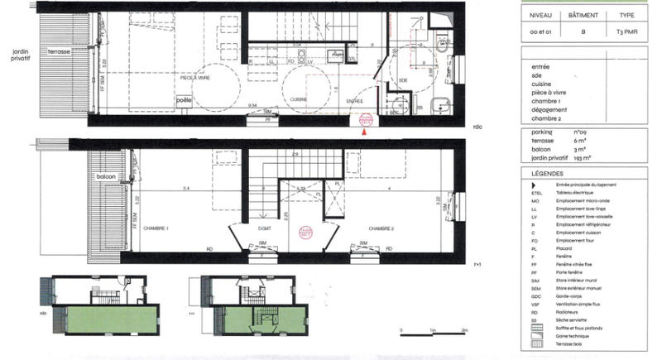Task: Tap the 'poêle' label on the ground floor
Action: (x=185, y=101)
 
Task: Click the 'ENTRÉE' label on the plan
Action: (x=355, y=101)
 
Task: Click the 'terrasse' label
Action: (x=58, y=51)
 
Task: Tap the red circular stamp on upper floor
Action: (x=305, y=234)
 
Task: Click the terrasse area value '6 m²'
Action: (x=578, y=143)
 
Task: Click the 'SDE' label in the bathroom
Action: (x=403, y=79)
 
